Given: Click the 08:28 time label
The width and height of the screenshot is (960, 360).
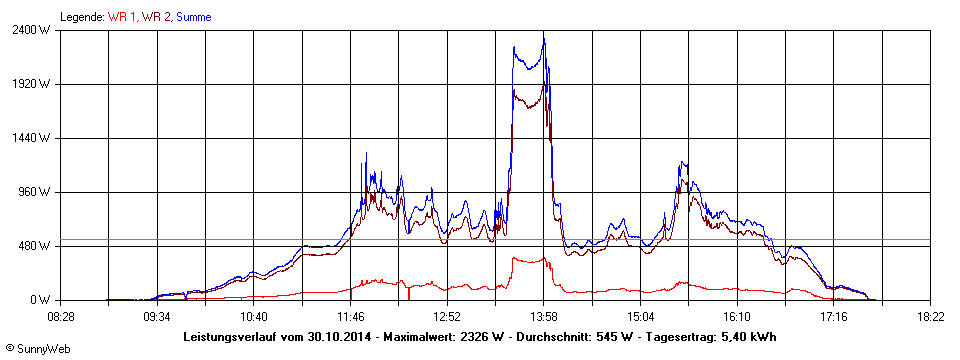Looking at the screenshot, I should tap(61, 316).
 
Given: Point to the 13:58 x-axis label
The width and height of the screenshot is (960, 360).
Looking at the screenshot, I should tap(544, 316).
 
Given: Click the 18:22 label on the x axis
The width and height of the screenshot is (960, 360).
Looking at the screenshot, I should tap(930, 316).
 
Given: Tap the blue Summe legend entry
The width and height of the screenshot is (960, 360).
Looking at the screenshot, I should tap(193, 17).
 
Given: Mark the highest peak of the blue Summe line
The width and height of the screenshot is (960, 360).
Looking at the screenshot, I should tap(544, 35).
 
